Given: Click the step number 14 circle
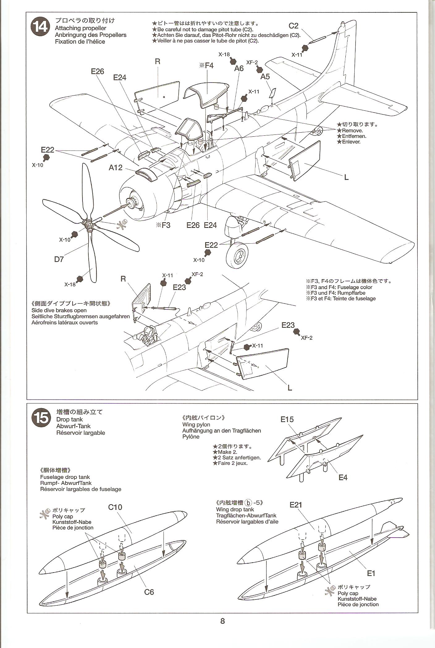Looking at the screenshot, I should (40, 28).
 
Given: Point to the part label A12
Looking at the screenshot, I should (116, 168).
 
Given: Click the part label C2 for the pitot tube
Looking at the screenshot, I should (293, 26).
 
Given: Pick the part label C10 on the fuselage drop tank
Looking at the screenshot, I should (115, 507).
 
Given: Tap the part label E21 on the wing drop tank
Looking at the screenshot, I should (296, 505).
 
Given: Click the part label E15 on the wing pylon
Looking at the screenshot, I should (287, 419).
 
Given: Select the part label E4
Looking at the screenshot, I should (343, 477).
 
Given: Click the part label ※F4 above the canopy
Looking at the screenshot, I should (206, 66).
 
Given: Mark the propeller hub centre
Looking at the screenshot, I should (88, 225).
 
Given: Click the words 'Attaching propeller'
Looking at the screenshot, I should (80, 28).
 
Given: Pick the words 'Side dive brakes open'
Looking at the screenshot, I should (59, 310).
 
